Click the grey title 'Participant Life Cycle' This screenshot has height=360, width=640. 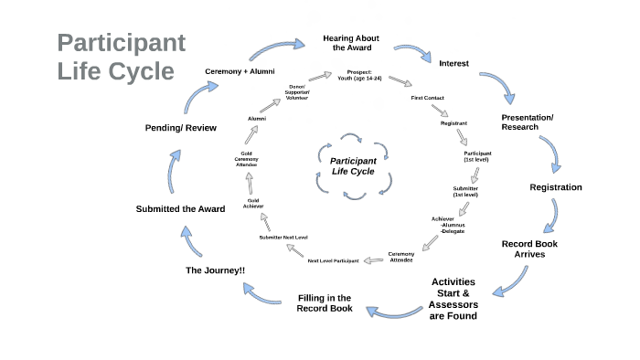point(121,57)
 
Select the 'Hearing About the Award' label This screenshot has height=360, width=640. point(352,42)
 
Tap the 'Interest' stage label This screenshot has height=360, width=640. point(454,63)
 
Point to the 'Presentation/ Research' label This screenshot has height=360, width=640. point(528,122)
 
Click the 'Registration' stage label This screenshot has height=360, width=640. point(556,187)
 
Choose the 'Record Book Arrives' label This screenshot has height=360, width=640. point(529,249)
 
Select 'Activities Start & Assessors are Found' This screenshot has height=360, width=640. point(453,299)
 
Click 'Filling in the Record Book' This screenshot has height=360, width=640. point(324,302)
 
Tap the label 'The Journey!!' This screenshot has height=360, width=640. point(215,270)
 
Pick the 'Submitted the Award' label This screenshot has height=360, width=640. point(180,209)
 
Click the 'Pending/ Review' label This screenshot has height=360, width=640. point(180,127)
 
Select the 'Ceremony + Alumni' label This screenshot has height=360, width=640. point(240,70)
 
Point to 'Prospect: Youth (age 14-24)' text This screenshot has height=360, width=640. point(358,75)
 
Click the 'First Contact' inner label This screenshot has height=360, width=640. point(429,97)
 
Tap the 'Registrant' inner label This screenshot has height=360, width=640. point(453,122)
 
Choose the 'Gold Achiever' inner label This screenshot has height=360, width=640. point(253,203)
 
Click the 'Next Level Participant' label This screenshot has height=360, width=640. point(332,262)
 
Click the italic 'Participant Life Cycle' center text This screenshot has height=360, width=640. point(353,165)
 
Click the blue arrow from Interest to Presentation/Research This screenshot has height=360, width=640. point(499,87)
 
